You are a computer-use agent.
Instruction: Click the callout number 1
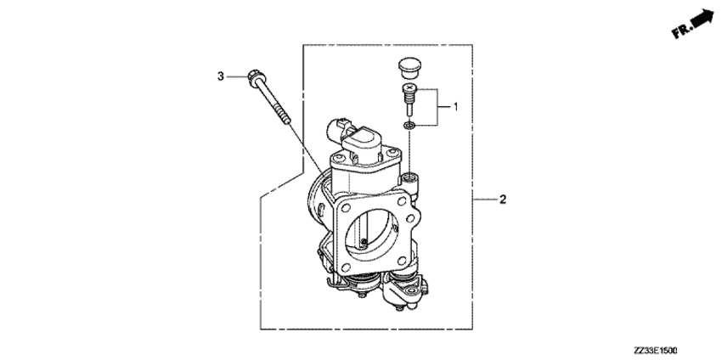coord(456,107)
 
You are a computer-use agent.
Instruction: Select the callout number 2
coord(503,200)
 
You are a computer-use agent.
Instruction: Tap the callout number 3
coord(221,76)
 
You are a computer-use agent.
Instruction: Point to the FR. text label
coord(682,31)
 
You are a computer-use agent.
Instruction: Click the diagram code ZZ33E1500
coord(655,351)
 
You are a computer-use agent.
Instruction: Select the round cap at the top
coord(409,67)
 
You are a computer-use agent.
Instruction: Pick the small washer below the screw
coord(409,125)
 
